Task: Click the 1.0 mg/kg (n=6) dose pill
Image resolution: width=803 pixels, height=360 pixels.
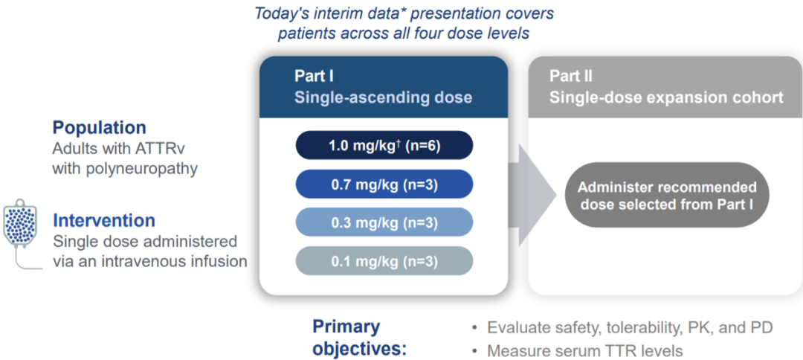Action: tap(384, 146)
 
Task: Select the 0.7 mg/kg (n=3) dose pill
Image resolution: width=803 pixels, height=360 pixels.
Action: tap(384, 184)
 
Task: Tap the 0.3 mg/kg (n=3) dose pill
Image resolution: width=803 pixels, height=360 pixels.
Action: tap(384, 222)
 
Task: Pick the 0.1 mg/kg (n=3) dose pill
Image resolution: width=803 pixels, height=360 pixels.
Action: tap(384, 261)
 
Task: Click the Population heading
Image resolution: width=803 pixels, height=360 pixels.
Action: tap(100, 127)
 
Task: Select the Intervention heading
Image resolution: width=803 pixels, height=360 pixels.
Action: tap(104, 221)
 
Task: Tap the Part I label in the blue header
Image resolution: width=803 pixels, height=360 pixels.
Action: tap(314, 77)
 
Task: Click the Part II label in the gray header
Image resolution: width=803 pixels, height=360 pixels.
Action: tap(570, 77)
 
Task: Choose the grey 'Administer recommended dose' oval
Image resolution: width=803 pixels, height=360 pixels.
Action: tap(667, 195)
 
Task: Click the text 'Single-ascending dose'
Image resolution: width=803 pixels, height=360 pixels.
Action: tap(383, 97)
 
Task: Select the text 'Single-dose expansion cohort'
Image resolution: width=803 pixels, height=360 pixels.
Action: tap(666, 97)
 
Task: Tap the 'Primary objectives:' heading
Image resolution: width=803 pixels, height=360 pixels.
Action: tap(360, 338)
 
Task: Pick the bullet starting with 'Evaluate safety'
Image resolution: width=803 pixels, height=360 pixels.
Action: tap(622, 327)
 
